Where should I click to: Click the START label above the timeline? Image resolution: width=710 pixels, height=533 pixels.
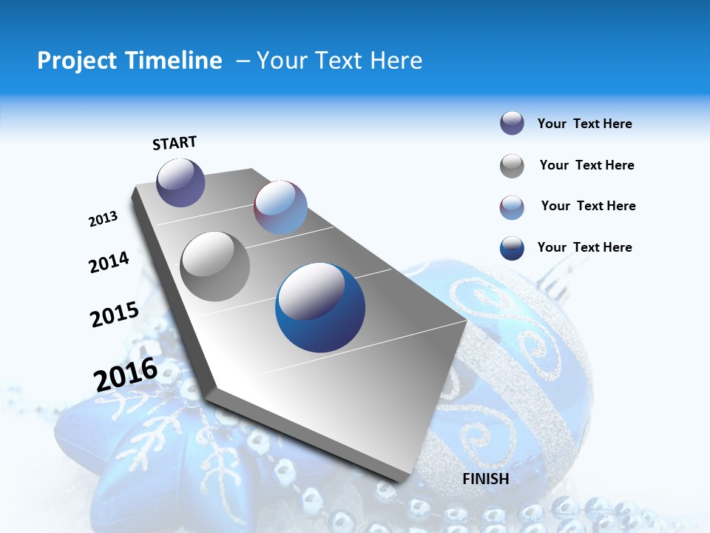pos(175,143)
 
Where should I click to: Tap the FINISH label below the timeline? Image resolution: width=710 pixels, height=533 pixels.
pos(485,479)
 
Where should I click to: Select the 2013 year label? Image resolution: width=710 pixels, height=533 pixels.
pos(103,219)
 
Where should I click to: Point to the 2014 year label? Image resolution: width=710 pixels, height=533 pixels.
pos(109,262)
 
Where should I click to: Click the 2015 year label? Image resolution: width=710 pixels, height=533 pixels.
pos(114,315)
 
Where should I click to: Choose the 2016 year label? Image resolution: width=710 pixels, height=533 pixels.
pos(126,375)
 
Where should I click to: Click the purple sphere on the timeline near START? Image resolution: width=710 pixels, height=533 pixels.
pos(180,182)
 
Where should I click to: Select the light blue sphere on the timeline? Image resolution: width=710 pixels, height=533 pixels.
pos(280,207)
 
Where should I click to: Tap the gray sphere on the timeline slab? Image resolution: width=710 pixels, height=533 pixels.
pos(215,266)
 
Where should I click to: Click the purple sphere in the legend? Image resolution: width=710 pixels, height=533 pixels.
pos(512,124)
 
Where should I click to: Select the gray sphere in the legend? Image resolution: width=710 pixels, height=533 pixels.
pos(512,166)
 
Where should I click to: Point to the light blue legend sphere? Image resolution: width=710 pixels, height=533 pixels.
pos(512,207)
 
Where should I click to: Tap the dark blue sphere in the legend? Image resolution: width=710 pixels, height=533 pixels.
pos(512,248)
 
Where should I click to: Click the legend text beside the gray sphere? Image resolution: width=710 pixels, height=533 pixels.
pos(586,165)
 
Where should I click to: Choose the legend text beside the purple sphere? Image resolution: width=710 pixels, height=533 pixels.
pos(584,124)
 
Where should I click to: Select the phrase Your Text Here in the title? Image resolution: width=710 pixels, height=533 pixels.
pos(339,61)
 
